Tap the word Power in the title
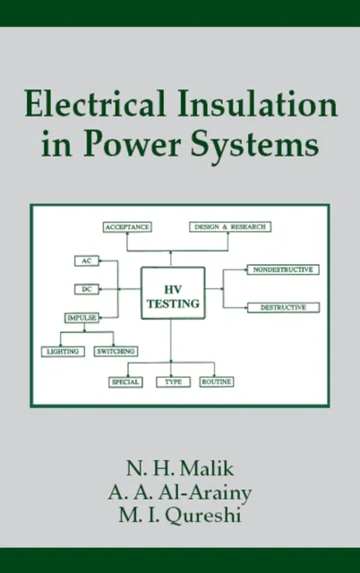tap(131, 146)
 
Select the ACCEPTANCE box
tap(126, 227)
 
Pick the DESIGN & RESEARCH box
tap(229, 227)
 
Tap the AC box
tap(85, 261)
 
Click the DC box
tap(85, 289)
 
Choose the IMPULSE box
tap(81, 318)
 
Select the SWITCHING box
tap(116, 352)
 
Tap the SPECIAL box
tap(125, 381)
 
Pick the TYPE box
tap(174, 381)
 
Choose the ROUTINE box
tap(217, 381)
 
